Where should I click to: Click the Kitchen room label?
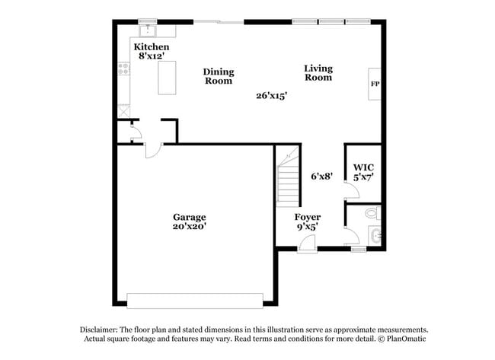pos(152,47)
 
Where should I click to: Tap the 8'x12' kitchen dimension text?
pos(152,56)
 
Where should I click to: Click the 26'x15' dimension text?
pos(271,96)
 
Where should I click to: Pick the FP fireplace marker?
pos(375,84)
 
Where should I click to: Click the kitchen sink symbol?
pos(147,31)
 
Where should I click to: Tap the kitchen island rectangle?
pos(168,78)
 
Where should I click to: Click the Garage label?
pos(190,217)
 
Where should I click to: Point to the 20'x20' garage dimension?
pos(190,226)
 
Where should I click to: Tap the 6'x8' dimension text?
pos(321,177)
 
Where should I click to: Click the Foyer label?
pos(308,217)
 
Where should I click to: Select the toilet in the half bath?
pos(372,212)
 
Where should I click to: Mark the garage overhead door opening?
pos(194,301)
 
